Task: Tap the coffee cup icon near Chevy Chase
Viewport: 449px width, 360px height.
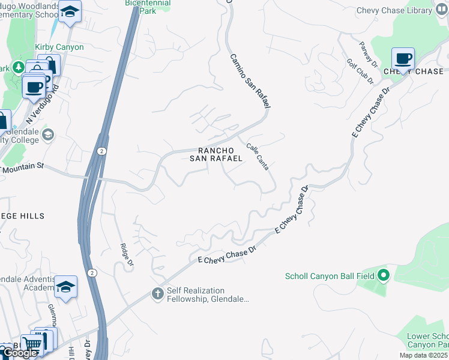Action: [403, 59]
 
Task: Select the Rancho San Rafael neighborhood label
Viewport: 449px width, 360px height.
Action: [216, 154]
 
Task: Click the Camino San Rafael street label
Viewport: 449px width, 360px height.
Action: [250, 80]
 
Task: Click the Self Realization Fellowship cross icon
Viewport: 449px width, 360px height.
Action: [157, 294]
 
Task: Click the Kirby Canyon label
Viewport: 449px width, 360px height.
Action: [59, 47]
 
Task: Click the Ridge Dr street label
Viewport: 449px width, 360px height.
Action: [124, 254]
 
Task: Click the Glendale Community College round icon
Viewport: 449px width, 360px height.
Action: [48, 134]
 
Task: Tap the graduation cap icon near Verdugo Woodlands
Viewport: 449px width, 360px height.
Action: [70, 12]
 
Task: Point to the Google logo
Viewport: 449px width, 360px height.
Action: [20, 353]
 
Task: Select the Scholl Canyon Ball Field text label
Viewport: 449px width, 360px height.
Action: [330, 276]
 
